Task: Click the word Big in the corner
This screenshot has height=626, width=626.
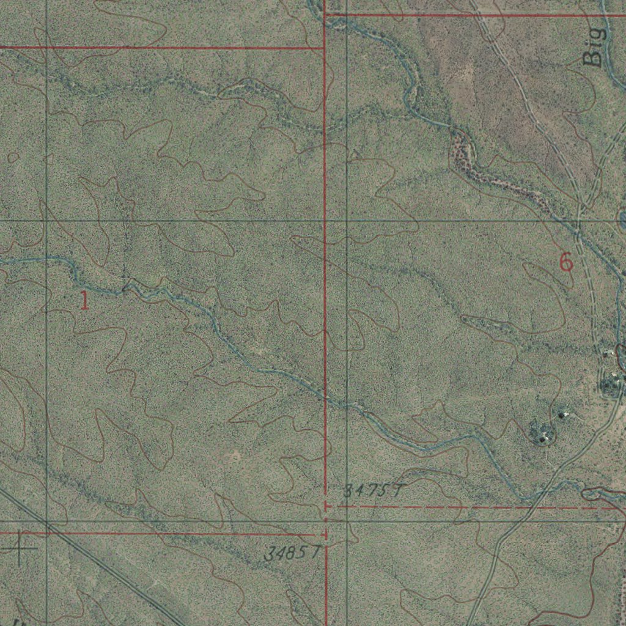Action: click(594, 45)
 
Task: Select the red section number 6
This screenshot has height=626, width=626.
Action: click(566, 263)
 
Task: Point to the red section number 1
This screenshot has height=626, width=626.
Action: click(84, 300)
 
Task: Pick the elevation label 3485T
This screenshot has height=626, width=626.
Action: click(293, 554)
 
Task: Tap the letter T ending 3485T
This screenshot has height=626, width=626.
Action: click(315, 553)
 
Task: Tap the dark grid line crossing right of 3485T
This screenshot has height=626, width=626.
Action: click(347, 521)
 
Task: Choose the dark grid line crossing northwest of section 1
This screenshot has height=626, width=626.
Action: click(46, 220)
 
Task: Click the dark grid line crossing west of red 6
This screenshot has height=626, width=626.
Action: click(347, 220)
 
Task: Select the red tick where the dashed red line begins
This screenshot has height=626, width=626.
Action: click(327, 507)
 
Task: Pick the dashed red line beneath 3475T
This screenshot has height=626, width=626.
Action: click(477, 507)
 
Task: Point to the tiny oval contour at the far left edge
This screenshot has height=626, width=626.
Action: click(13, 158)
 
